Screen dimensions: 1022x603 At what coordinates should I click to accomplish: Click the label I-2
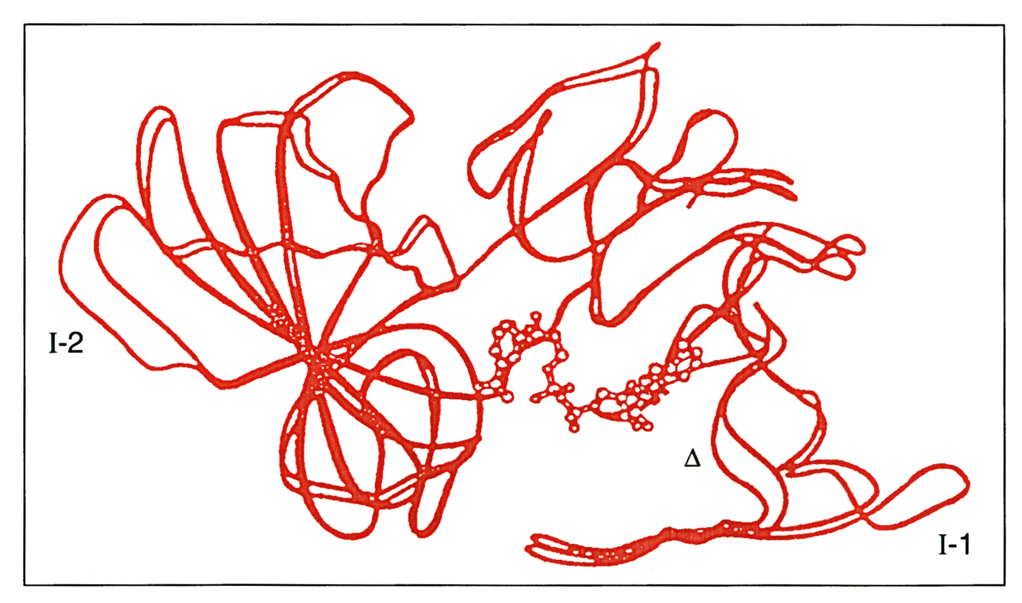pos(66,343)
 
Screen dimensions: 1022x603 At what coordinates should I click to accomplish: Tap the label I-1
pos(954,545)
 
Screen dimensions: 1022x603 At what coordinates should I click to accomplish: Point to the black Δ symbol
pos(692,459)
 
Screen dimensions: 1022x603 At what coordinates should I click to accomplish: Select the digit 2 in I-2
pos(76,343)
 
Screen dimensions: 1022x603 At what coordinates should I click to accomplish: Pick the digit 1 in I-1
pos(964,545)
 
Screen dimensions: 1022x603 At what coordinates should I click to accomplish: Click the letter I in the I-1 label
pos(942,545)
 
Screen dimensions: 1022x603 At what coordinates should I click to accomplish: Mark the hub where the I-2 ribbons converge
pos(315,361)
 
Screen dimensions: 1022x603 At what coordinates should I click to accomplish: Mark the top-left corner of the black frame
pos(24,24)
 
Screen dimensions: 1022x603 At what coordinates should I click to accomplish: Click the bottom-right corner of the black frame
pos(1004,585)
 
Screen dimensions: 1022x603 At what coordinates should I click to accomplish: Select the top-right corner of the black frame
pos(1004,24)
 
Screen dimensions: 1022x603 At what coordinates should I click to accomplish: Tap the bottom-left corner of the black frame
pos(24,585)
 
